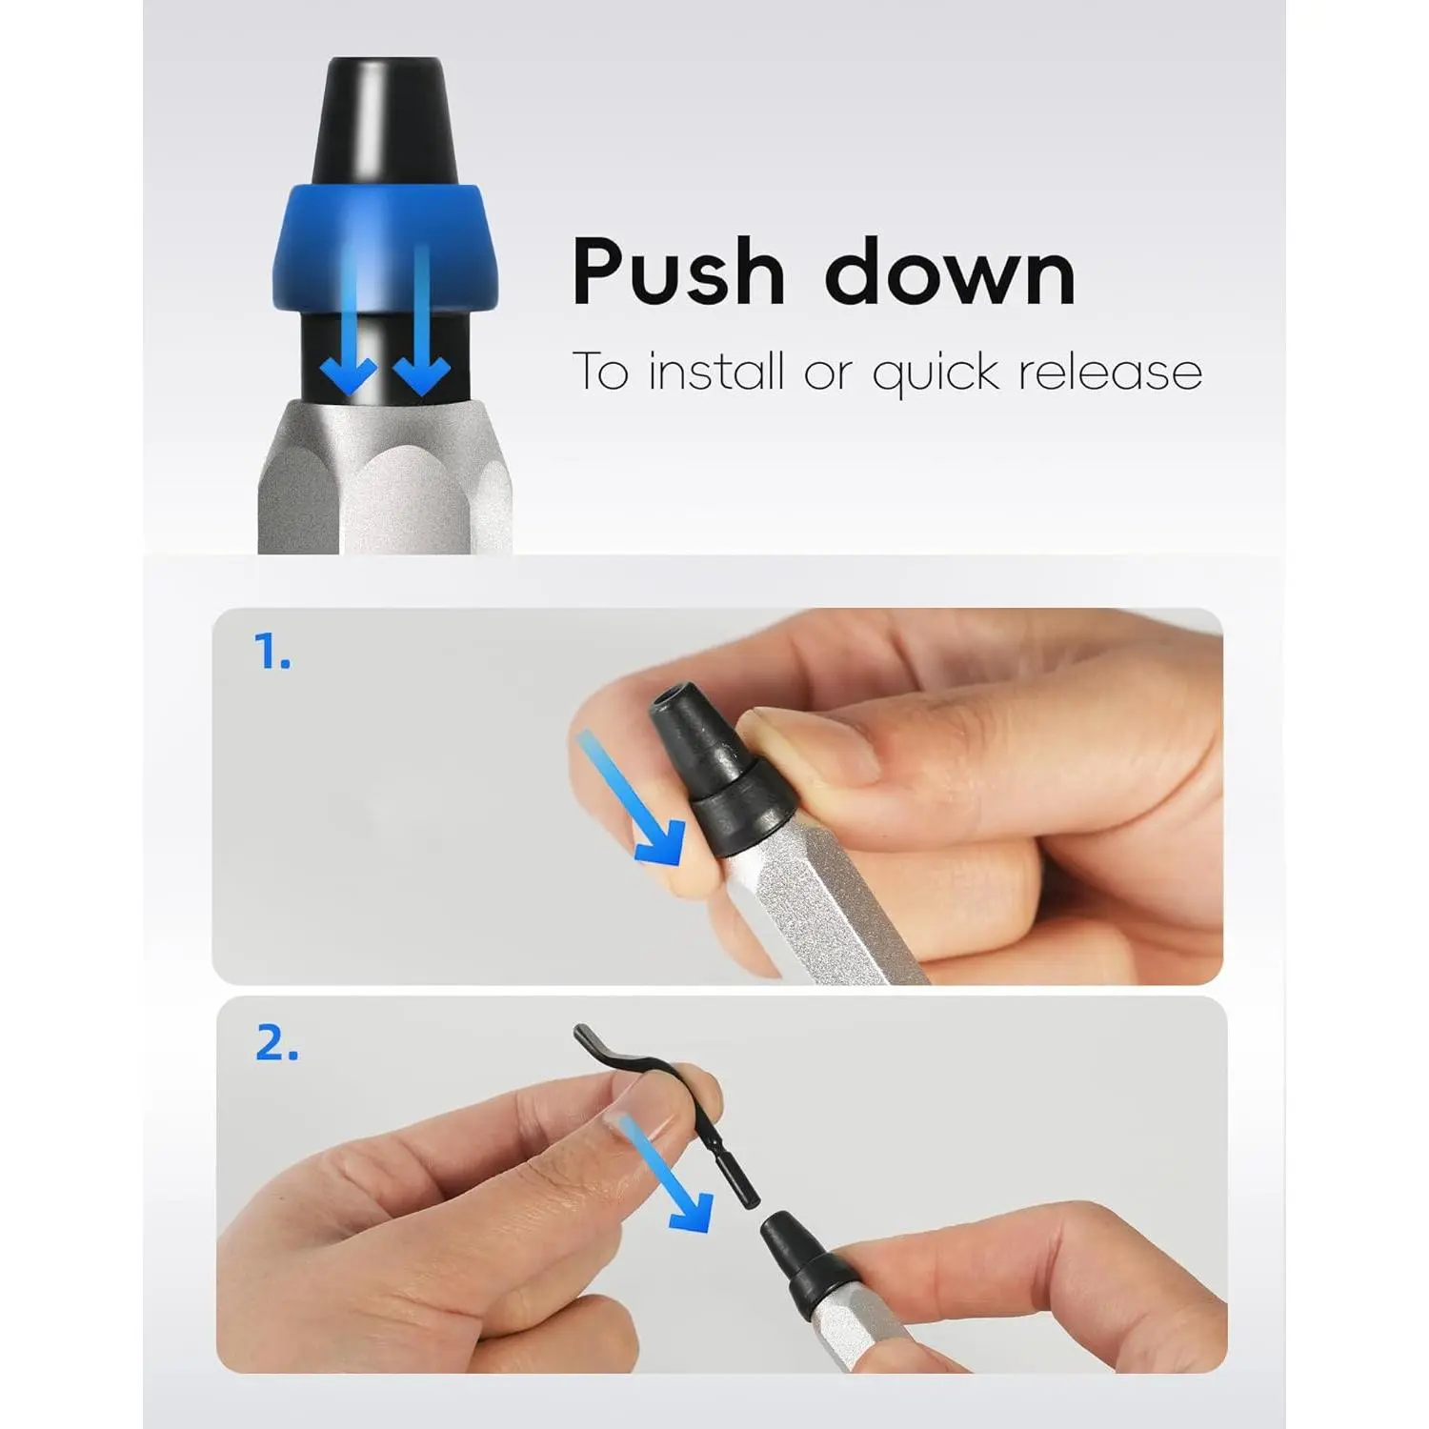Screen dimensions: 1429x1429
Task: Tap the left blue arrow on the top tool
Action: point(349,319)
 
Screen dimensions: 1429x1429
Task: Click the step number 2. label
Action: point(276,1044)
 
